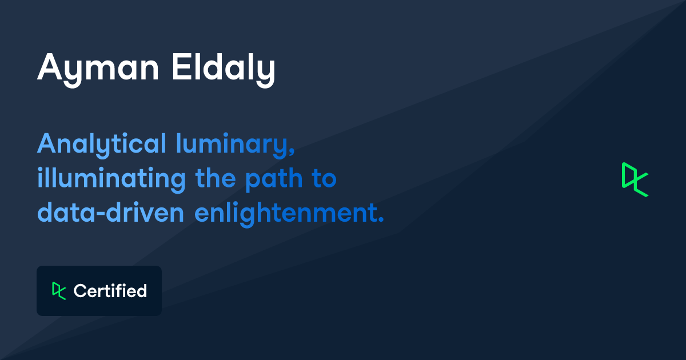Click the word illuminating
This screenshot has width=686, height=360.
pyautogui.click(x=111, y=179)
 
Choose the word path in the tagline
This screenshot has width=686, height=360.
pyautogui.click(x=274, y=179)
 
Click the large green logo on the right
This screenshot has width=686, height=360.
pyautogui.click(x=635, y=179)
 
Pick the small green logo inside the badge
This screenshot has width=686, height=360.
pyautogui.click(x=59, y=290)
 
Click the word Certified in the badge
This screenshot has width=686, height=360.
pyautogui.click(x=110, y=291)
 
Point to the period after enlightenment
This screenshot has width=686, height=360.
pyautogui.click(x=380, y=221)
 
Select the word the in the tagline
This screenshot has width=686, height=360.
pyautogui.click(x=216, y=179)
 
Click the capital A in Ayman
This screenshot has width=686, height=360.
pyautogui.click(x=50, y=68)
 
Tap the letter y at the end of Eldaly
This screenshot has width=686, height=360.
pyautogui.click(x=266, y=71)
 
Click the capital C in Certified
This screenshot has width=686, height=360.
pyautogui.click(x=80, y=291)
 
